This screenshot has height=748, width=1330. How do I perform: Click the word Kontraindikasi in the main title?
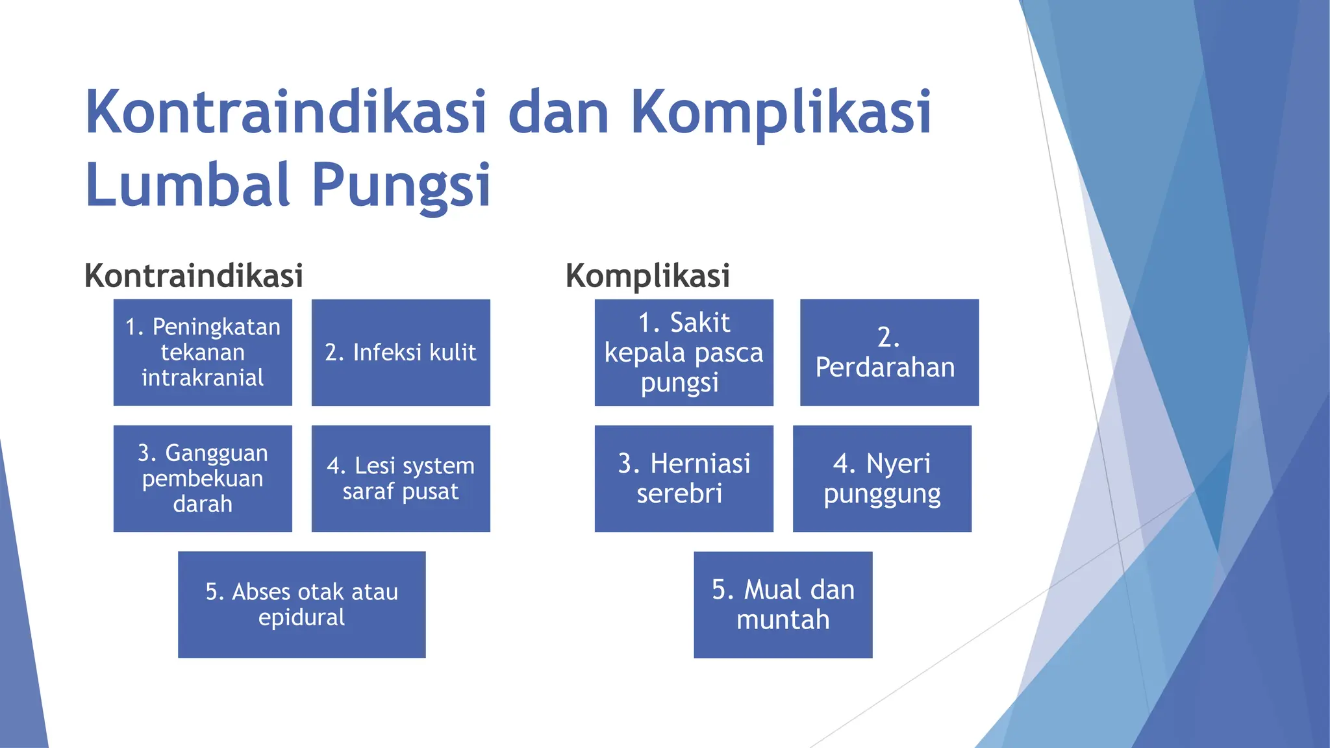[x=286, y=112]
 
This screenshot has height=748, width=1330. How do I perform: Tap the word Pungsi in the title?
[x=401, y=185]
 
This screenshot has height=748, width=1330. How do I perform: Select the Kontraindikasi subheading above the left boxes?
[x=194, y=275]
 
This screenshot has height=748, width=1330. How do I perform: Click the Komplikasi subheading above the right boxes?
[x=647, y=275]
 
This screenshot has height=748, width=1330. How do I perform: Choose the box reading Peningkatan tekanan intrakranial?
[x=203, y=352]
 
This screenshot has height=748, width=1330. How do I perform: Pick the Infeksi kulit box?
[x=401, y=352]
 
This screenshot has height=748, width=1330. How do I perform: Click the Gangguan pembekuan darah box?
[x=203, y=479]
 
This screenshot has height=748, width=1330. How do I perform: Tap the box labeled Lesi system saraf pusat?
[x=401, y=479]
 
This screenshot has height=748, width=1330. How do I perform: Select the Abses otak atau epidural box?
[x=301, y=605]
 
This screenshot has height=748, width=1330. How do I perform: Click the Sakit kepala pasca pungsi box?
[x=684, y=352]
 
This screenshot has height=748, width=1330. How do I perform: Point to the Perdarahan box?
[x=889, y=352]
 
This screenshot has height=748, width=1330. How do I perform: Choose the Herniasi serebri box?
[x=684, y=479]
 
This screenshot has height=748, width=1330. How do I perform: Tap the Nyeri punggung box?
[x=882, y=479]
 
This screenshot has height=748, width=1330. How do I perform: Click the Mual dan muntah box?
[x=783, y=605]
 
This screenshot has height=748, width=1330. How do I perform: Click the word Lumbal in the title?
[x=187, y=185]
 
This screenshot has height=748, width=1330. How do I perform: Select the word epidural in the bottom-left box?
[x=301, y=617]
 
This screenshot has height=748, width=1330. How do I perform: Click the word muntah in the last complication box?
[x=783, y=620]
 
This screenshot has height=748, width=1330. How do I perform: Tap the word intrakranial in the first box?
[x=203, y=378]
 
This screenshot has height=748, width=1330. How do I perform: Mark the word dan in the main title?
[x=558, y=112]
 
